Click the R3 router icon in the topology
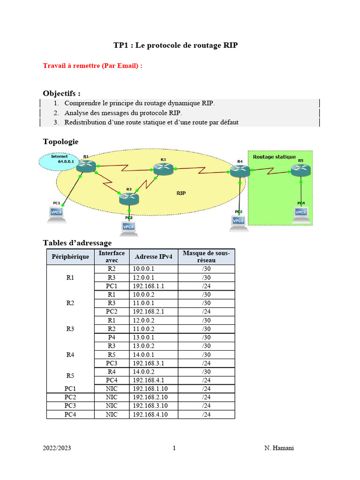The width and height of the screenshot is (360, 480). [x=163, y=169]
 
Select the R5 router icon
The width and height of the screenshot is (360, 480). [x=300, y=170]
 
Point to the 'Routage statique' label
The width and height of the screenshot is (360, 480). [x=274, y=157]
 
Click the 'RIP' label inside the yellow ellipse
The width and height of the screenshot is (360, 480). [x=181, y=193]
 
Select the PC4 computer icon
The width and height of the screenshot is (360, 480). [x=301, y=213]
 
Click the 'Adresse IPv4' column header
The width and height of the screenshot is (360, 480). [x=153, y=257]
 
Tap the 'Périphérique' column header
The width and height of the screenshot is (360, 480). [x=70, y=257]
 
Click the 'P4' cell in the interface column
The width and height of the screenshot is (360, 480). [x=112, y=337]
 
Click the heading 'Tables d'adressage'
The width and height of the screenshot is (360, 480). [x=77, y=242]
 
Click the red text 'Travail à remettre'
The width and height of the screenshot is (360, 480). [x=92, y=66]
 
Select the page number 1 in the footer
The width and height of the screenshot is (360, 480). [x=174, y=448]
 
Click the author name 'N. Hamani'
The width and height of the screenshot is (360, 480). [x=279, y=448]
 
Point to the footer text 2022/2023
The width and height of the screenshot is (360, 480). [x=57, y=448]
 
